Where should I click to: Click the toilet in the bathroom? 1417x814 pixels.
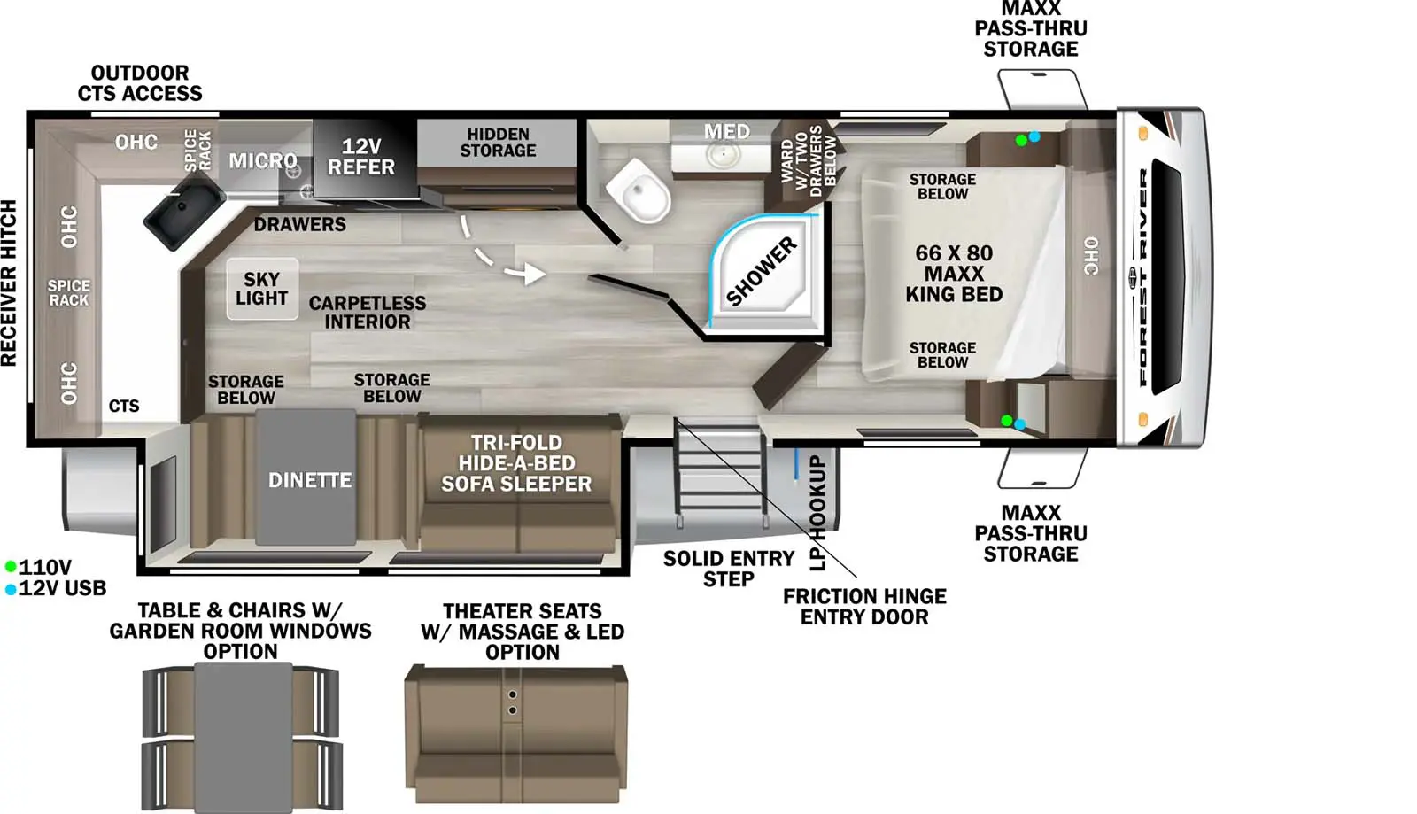[638, 190]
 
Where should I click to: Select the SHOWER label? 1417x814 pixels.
[761, 272]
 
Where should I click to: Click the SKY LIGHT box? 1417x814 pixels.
[262, 289]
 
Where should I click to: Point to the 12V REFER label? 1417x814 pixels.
[361, 157]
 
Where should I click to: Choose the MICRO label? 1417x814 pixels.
[262, 160]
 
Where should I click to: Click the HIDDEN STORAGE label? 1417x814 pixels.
[498, 143]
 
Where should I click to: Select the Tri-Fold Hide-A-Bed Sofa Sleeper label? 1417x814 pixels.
[516, 463]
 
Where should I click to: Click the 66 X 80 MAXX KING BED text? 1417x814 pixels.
[954, 273]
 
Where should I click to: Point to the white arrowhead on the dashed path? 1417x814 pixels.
[535, 273]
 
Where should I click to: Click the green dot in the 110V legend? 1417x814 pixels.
[10, 566]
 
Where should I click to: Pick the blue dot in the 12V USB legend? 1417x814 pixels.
[10, 590]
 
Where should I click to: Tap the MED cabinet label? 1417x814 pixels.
[727, 132]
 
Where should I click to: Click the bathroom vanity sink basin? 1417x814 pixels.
[723, 155]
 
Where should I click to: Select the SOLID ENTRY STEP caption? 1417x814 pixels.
[728, 569]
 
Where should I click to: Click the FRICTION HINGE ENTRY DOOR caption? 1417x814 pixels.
[864, 606]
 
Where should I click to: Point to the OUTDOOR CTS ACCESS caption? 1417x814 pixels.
[140, 83]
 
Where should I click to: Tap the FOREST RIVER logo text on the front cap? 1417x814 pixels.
[1143, 277]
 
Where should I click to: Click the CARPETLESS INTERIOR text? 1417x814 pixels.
[367, 312]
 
